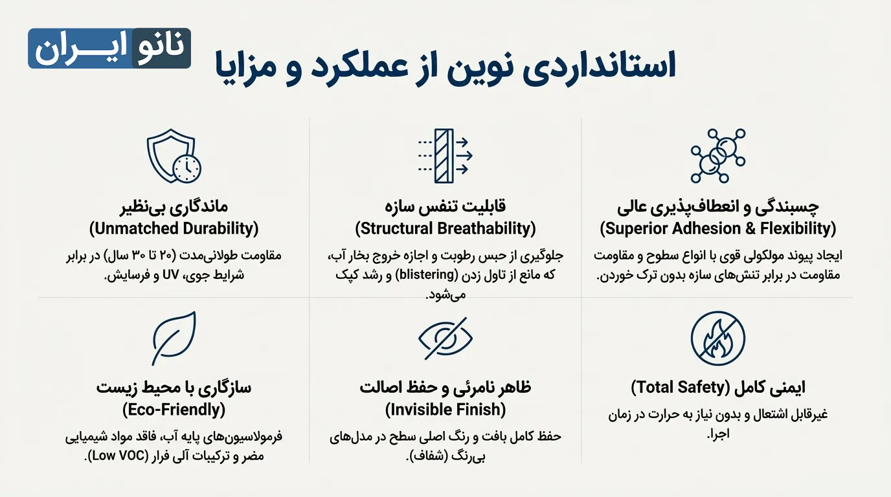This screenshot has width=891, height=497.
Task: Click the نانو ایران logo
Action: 109,49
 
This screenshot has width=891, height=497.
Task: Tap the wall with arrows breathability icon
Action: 445,155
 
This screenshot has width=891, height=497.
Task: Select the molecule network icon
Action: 717,155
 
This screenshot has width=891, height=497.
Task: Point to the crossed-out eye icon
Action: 445,338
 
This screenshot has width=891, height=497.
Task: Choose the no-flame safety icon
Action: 717,338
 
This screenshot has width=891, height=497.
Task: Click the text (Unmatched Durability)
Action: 174,228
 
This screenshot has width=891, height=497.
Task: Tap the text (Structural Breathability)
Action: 445,228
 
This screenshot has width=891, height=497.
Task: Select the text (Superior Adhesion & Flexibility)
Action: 717,228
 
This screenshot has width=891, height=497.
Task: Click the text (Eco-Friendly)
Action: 174,410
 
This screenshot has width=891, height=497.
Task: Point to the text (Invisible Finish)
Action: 445,410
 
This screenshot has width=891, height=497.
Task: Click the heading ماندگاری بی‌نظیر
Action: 174,206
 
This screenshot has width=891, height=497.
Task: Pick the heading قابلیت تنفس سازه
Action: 445,206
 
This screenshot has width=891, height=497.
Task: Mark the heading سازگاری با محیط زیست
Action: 174,388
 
